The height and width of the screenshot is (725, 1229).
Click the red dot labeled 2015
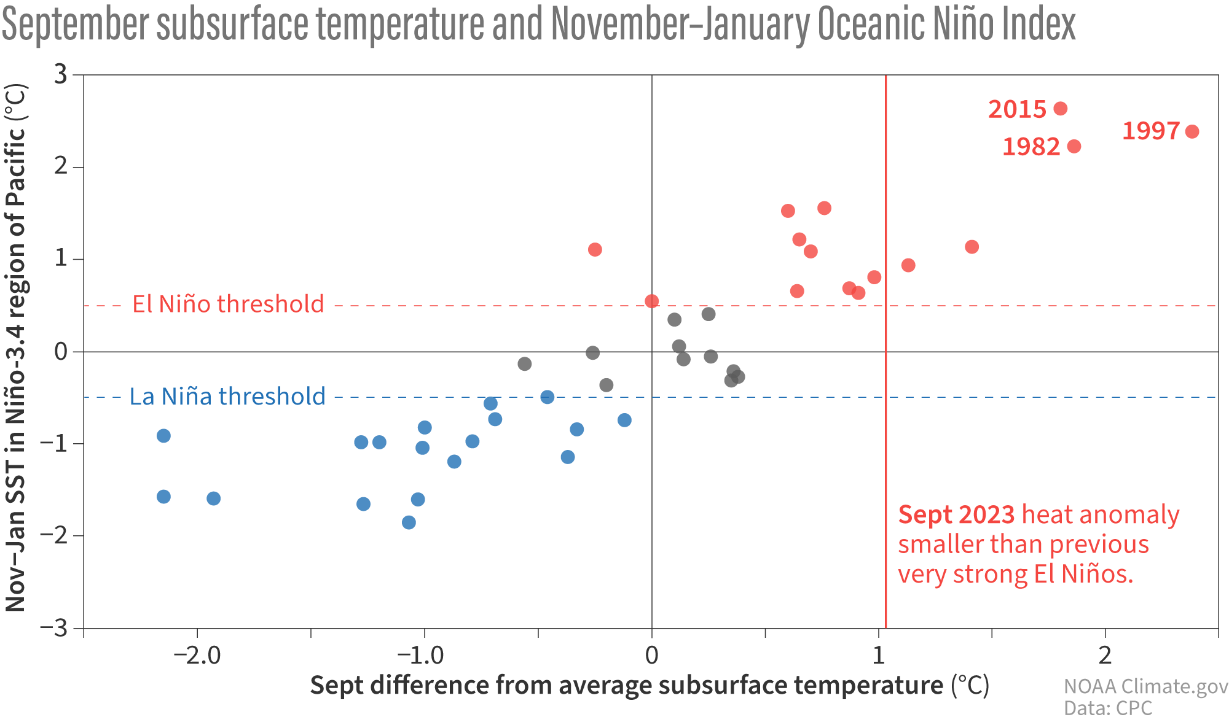1060,109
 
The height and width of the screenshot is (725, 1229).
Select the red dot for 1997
1192,131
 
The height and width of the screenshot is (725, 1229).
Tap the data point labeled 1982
1074,146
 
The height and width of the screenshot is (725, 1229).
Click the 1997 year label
1150,131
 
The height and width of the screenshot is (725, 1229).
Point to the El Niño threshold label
228,304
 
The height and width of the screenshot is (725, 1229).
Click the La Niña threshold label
227,397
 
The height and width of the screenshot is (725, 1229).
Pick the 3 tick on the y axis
61,75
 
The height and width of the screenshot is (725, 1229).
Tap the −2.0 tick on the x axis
197,656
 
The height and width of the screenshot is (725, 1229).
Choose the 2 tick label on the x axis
1105,656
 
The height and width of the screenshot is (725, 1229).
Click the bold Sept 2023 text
956,515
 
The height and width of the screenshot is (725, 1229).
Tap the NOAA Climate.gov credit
1145,686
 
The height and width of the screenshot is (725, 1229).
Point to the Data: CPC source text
1108,708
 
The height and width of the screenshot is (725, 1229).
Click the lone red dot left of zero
595,249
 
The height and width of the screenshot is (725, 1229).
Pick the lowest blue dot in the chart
409,522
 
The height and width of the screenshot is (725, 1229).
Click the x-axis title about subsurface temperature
649,686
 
